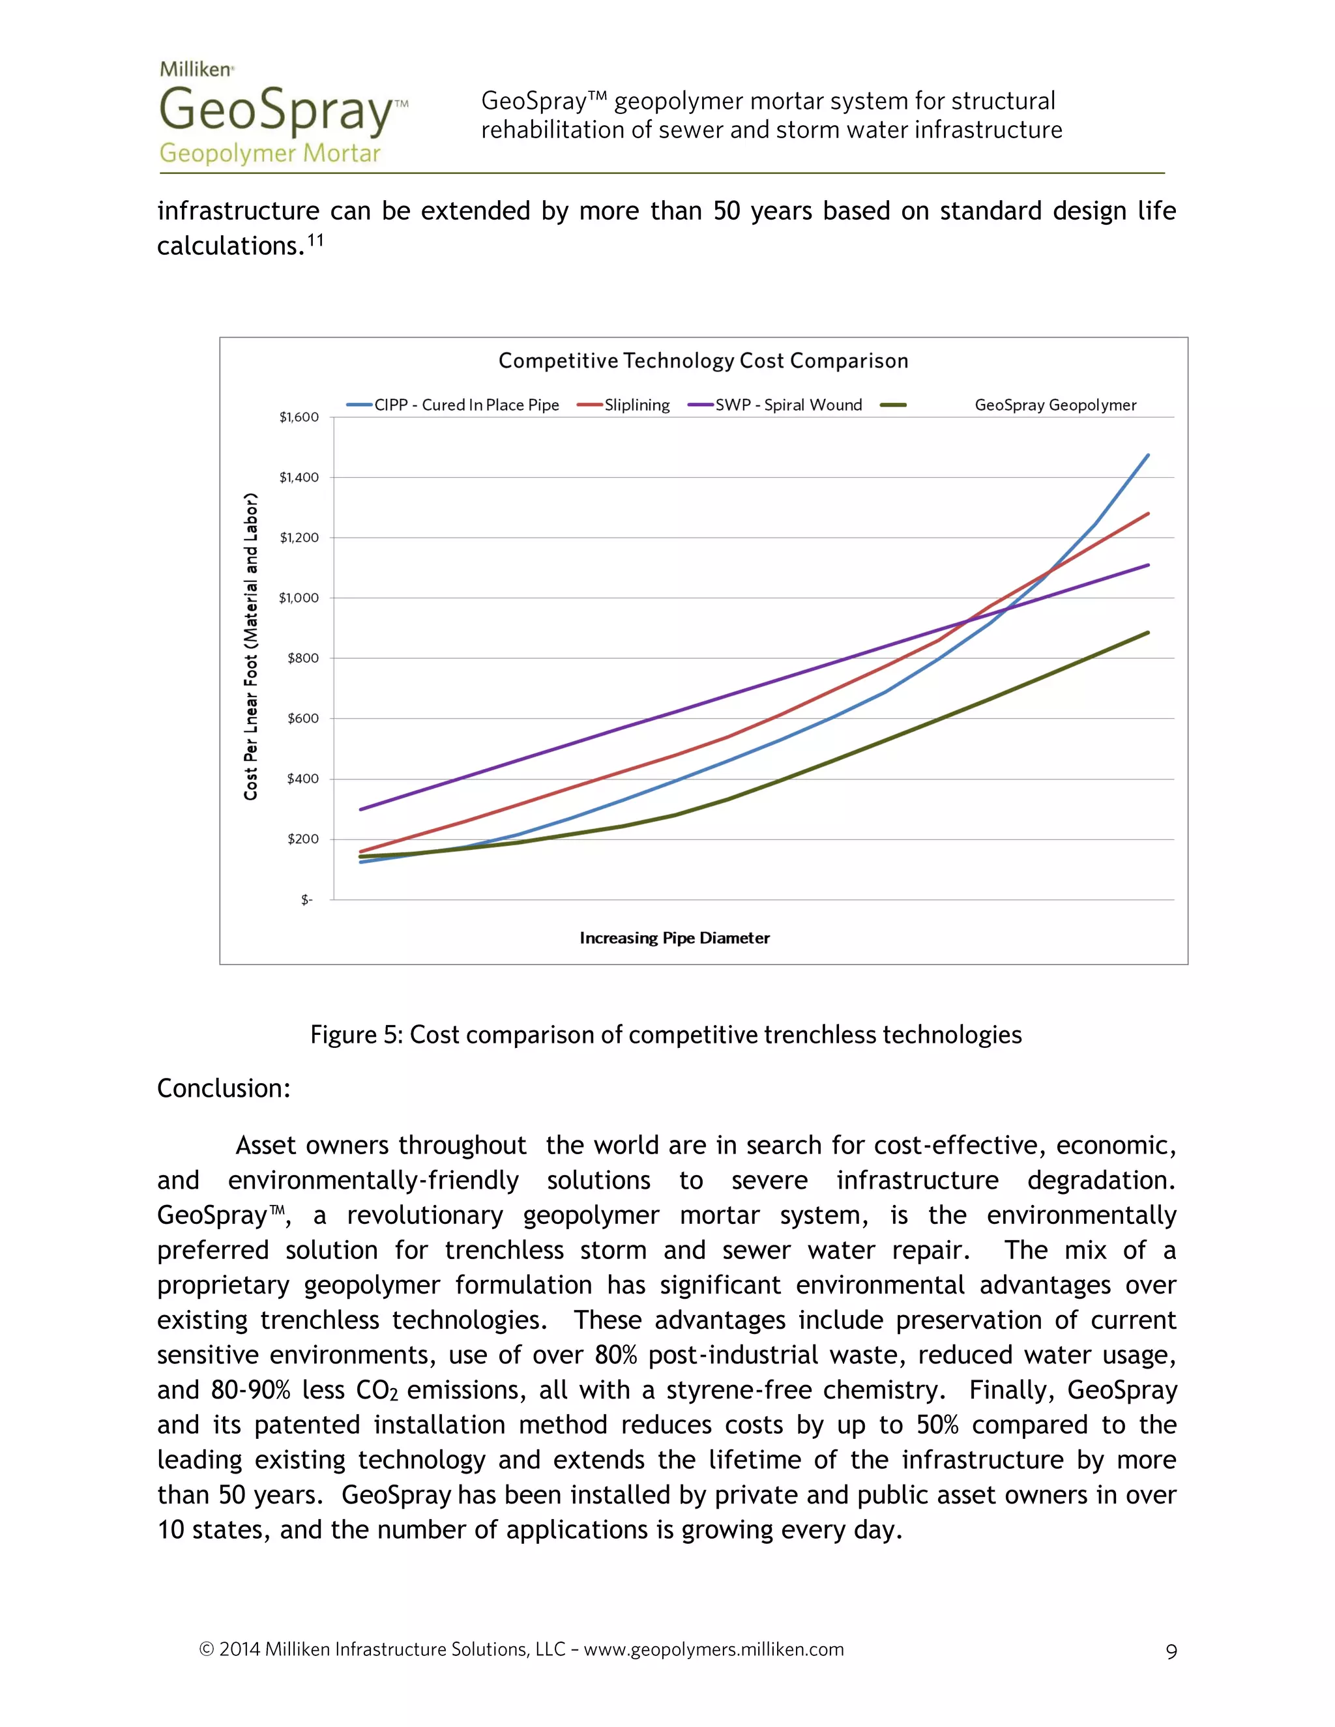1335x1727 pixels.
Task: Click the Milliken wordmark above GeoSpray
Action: click(x=196, y=70)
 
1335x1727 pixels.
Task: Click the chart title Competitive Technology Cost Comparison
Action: click(x=703, y=362)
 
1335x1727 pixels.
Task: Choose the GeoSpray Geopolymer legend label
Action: click(x=1055, y=405)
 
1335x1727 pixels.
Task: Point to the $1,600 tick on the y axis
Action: click(x=299, y=418)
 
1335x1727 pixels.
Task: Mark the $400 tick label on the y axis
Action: click(x=302, y=779)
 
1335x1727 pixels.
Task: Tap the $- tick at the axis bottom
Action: click(x=307, y=900)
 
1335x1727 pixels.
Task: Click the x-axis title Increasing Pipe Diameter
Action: click(x=675, y=938)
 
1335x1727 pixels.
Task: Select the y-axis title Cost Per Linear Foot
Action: click(x=251, y=647)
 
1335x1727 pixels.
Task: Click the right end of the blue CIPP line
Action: click(x=1147, y=456)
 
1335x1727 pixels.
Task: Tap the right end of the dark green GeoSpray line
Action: click(x=1147, y=633)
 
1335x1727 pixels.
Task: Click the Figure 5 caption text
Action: click(x=666, y=1035)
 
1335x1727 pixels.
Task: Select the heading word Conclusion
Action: click(x=224, y=1089)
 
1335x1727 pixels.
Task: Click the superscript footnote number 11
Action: click(x=315, y=240)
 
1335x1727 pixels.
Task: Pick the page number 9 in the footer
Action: click(x=1171, y=1652)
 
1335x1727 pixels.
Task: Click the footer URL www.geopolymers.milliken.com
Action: click(x=713, y=1649)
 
